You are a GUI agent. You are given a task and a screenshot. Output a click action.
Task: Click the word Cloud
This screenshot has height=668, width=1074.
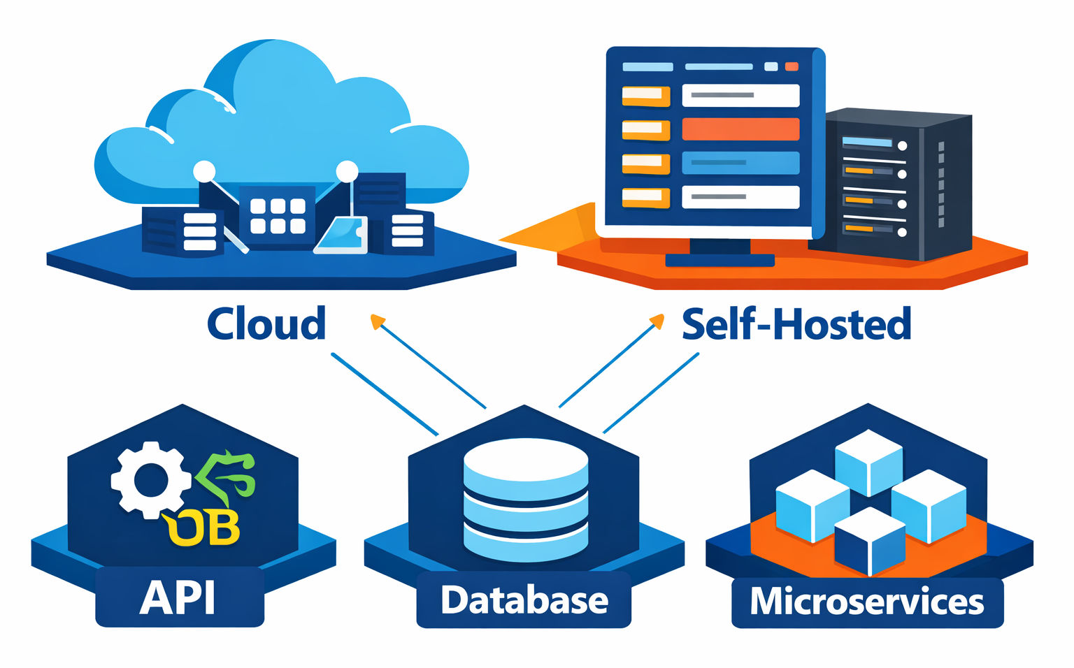click(x=266, y=324)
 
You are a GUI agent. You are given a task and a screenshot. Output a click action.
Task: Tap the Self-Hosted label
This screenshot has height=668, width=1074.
click(x=796, y=324)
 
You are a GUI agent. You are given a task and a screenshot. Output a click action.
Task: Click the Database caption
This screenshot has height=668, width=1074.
click(x=524, y=600)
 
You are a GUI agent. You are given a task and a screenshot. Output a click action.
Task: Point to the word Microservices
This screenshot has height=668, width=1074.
click(x=866, y=602)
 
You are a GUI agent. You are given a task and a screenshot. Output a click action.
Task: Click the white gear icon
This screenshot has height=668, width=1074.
click(x=151, y=480)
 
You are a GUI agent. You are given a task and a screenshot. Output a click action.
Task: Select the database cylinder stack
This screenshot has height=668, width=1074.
click(x=526, y=500)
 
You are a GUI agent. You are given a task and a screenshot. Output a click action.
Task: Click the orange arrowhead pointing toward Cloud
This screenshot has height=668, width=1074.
click(x=377, y=321)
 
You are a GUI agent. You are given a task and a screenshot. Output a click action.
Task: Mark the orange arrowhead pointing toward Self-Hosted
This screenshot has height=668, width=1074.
click(x=657, y=320)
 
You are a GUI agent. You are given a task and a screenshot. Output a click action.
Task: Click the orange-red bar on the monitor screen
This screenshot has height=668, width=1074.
click(x=740, y=129)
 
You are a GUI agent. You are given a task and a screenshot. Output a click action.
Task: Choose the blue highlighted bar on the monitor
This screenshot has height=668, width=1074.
click(x=740, y=162)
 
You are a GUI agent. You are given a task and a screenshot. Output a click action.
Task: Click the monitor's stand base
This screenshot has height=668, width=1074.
click(x=719, y=261)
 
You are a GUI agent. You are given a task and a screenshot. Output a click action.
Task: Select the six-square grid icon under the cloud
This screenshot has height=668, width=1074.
click(x=278, y=216)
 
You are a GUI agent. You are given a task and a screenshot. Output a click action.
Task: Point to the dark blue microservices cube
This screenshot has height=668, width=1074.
click(x=869, y=541)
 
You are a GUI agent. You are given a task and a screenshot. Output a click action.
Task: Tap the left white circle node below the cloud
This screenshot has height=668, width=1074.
click(x=204, y=171)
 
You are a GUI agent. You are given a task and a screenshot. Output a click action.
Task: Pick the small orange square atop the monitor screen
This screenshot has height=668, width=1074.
click(x=792, y=66)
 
